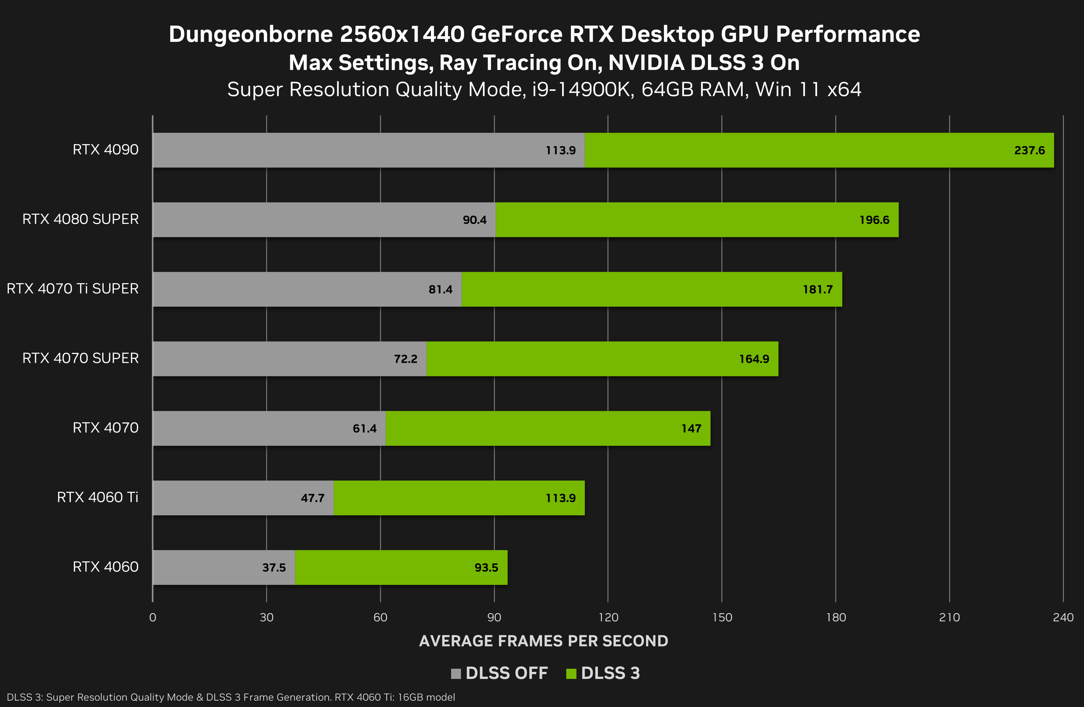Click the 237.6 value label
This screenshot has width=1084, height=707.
click(x=1029, y=150)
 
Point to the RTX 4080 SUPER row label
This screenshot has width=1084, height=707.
click(x=80, y=219)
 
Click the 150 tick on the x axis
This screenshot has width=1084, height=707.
click(x=722, y=617)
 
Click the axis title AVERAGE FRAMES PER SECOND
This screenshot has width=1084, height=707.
click(x=543, y=641)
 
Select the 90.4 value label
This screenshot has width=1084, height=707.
click(x=475, y=220)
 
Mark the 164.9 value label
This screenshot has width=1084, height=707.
click(x=754, y=359)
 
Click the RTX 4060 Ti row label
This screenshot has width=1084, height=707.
click(x=98, y=497)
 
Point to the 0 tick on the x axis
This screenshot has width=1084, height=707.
click(x=152, y=617)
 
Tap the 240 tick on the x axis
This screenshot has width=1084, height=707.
click(x=1063, y=617)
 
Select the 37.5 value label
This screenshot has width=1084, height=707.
click(x=274, y=568)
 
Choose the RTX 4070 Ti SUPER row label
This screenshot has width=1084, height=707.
click(x=72, y=289)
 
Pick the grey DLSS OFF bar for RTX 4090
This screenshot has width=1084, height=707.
click(x=346, y=150)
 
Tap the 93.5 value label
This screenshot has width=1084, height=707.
click(x=486, y=568)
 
